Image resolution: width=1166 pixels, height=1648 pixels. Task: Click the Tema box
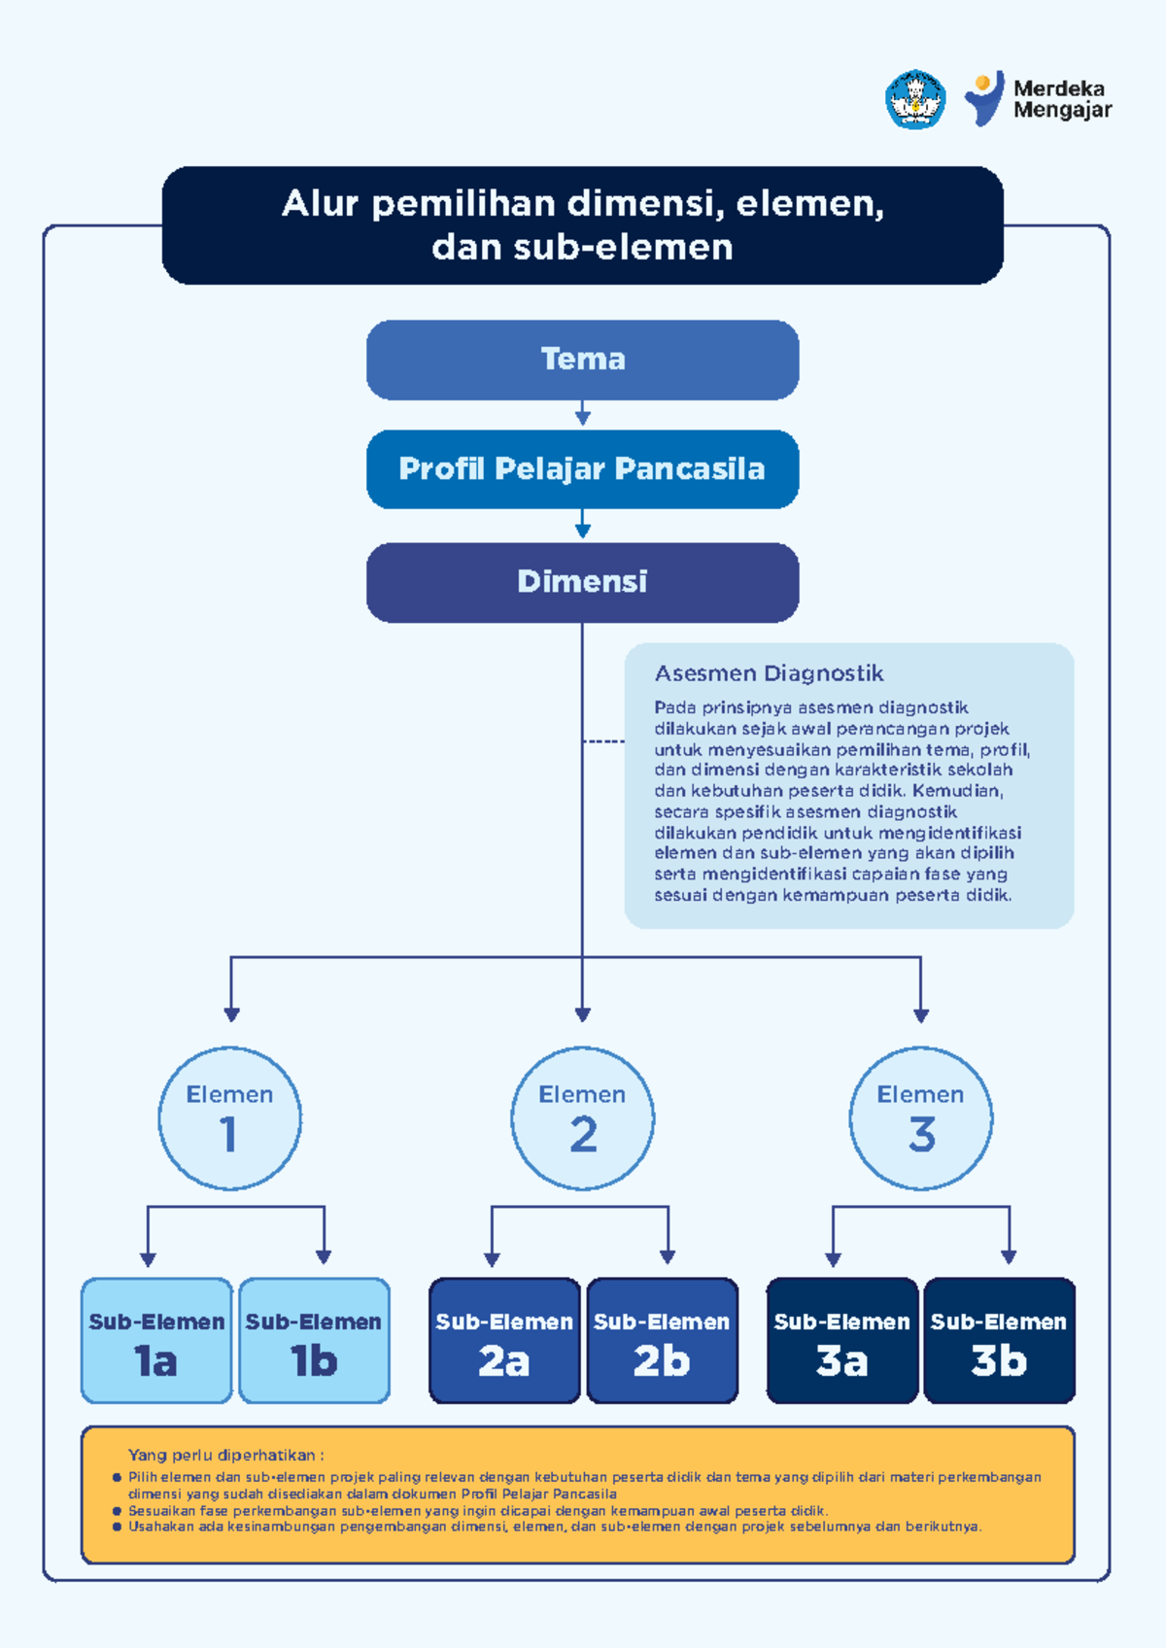[x=583, y=360]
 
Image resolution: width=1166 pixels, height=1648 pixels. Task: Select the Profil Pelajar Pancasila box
[x=583, y=469]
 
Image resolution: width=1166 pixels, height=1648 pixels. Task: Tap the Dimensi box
[x=583, y=583]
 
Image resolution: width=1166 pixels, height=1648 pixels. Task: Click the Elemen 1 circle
[x=229, y=1118]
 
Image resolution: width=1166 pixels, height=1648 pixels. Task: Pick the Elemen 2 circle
[x=583, y=1118]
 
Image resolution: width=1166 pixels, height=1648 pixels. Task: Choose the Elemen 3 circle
[x=921, y=1118]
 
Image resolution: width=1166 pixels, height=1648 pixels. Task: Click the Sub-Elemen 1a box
[x=156, y=1341]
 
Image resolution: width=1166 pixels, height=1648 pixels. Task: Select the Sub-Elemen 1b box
[x=314, y=1341]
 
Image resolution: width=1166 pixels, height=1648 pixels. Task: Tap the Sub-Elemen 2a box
[x=504, y=1341]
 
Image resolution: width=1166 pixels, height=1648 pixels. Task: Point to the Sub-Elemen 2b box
[x=662, y=1341]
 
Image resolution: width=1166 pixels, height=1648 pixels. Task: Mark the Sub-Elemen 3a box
[x=842, y=1341]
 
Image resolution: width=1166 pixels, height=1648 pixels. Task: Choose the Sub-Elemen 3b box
[x=999, y=1341]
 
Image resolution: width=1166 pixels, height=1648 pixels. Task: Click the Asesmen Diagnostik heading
[x=769, y=673]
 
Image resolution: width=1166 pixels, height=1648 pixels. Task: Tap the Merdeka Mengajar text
[x=1062, y=99]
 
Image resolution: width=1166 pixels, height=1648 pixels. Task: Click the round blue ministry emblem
[x=915, y=99]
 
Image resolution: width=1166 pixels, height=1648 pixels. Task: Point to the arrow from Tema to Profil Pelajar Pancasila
[x=583, y=413]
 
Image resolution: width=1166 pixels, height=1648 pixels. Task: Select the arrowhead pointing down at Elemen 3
[x=921, y=1016]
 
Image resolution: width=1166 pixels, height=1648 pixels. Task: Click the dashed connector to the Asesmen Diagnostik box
[x=603, y=740]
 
